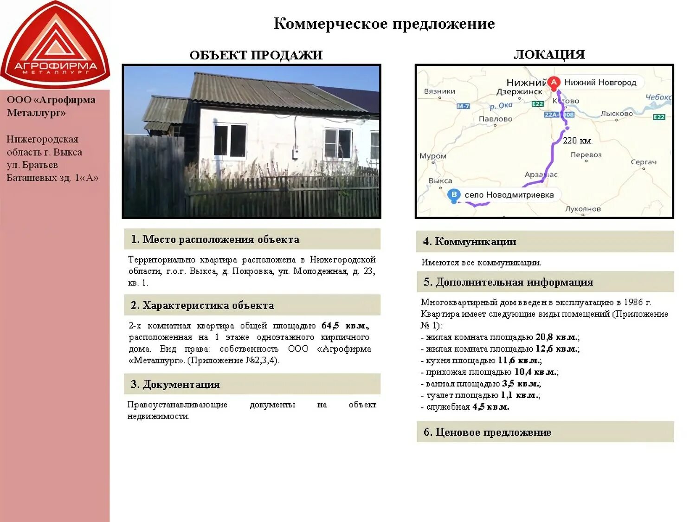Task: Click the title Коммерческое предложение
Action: click(x=384, y=24)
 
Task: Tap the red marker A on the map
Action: click(x=553, y=83)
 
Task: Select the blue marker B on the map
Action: click(x=454, y=195)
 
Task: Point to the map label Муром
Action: click(x=433, y=156)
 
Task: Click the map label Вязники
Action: click(x=439, y=91)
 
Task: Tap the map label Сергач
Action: click(x=644, y=162)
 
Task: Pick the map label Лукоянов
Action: click(x=583, y=209)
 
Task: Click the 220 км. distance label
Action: click(x=577, y=141)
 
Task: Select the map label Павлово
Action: click(x=496, y=119)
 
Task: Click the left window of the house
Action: click(x=230, y=140)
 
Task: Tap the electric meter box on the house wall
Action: click(x=295, y=153)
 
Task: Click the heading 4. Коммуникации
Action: click(x=469, y=242)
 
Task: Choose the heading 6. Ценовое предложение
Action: click(x=487, y=432)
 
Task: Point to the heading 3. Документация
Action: click(x=175, y=384)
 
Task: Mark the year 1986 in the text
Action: click(x=633, y=303)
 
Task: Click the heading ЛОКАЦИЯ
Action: click(x=549, y=55)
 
